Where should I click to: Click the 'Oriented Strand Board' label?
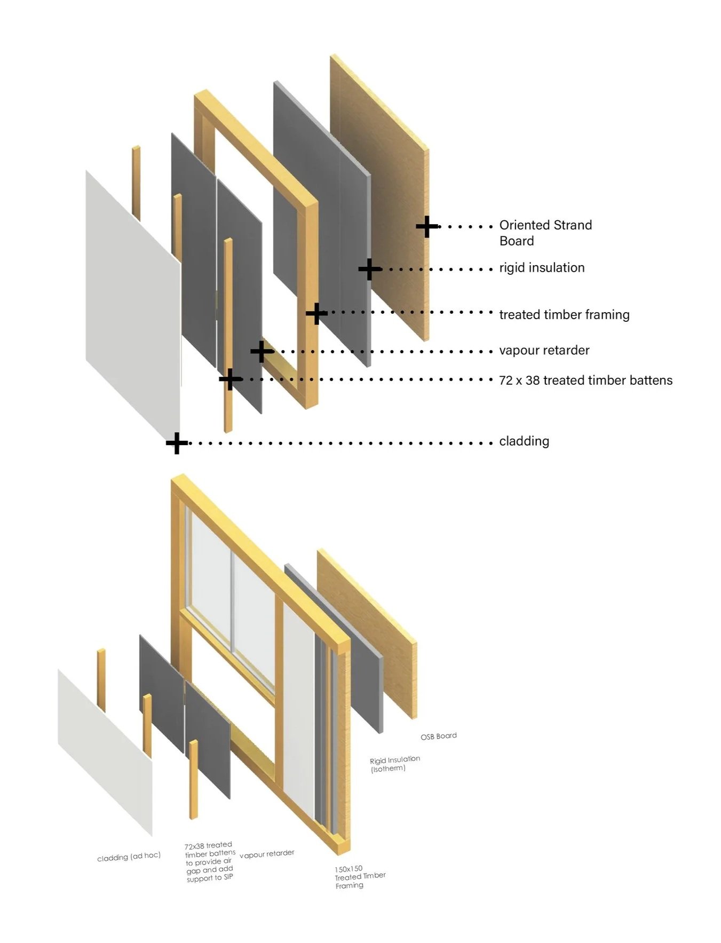[x=545, y=233]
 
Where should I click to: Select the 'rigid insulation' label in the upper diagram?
[x=542, y=267]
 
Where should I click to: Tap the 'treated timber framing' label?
[x=564, y=314]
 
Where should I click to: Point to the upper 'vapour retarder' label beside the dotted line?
[x=544, y=350]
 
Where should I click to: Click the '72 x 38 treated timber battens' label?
[x=585, y=380]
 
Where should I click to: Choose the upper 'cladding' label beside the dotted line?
[x=524, y=441]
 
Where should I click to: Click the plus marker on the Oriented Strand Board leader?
[x=426, y=227]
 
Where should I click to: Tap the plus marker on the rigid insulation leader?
[x=369, y=269]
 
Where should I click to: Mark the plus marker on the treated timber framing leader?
[x=316, y=313]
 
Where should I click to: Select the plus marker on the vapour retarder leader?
[x=262, y=351]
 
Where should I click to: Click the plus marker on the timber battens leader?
[x=230, y=379]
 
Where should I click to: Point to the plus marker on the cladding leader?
[x=177, y=443]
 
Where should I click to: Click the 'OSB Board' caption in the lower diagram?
[x=438, y=736]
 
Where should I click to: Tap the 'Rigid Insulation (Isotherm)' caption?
[x=394, y=764]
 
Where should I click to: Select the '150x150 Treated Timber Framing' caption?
[x=359, y=877]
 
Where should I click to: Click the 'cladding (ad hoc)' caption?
[x=129, y=857]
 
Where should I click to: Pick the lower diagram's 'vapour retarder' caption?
[x=267, y=854]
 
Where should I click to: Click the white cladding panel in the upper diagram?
[x=131, y=299]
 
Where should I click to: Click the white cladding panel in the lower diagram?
[x=104, y=747]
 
